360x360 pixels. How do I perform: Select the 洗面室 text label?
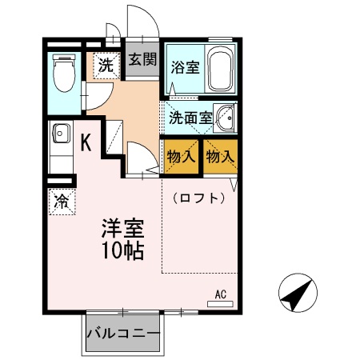(x=190, y=118)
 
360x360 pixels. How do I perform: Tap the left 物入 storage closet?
(x=182, y=156)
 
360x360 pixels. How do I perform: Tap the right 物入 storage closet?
(x=220, y=156)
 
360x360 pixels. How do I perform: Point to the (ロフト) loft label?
(x=198, y=198)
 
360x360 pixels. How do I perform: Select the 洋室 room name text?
(x=121, y=227)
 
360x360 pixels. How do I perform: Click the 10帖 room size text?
(x=121, y=250)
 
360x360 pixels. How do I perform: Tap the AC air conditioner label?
(x=221, y=294)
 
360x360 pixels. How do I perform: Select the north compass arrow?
(x=295, y=295)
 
